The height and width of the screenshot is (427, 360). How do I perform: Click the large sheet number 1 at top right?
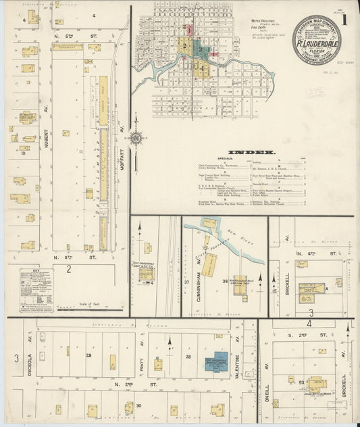(x=344, y=19)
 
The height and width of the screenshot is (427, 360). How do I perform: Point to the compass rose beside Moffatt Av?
(x=136, y=139)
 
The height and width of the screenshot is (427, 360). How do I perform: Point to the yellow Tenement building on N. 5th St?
(x=68, y=47)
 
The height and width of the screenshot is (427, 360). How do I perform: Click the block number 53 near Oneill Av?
(x=301, y=382)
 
